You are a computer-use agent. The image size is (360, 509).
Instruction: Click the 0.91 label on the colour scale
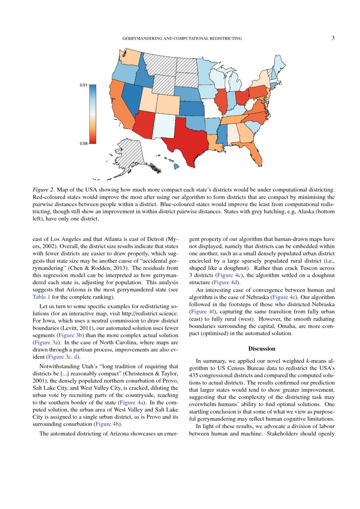84,85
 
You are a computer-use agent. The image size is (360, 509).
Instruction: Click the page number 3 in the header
333,38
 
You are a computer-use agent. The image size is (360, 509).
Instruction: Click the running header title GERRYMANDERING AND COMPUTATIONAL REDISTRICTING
182,39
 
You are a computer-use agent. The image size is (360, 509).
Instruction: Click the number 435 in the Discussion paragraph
194,375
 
